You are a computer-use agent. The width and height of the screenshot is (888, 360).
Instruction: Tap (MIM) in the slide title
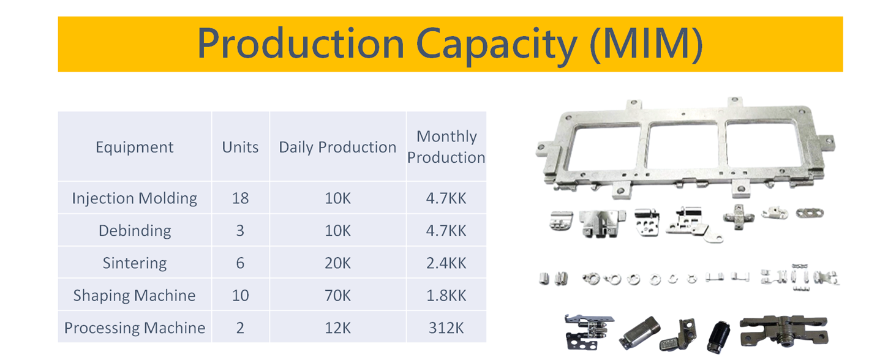645,45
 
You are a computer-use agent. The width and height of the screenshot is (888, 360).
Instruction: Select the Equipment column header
135,148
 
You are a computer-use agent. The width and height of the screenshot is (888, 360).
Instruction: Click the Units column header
240,148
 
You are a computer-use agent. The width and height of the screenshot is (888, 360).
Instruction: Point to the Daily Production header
337,148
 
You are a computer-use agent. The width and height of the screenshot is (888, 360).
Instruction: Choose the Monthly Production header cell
446,147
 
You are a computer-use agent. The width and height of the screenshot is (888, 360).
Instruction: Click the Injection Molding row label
135,198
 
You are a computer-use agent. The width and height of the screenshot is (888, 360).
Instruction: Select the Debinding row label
135,231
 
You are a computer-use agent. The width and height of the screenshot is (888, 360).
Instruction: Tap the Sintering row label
135,263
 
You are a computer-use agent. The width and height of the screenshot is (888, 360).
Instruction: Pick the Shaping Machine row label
135,296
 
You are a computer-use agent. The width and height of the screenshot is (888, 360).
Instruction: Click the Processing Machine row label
135,328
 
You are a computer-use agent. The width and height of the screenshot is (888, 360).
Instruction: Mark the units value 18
240,198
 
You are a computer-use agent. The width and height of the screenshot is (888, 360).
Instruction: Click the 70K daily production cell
337,296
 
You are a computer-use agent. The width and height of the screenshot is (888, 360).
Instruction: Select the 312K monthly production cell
446,328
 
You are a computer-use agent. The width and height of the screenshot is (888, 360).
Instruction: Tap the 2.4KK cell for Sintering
446,263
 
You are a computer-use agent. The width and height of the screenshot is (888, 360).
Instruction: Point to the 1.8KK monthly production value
446,296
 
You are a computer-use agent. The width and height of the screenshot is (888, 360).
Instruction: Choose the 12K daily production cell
337,328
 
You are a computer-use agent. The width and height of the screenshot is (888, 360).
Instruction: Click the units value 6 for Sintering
240,263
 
